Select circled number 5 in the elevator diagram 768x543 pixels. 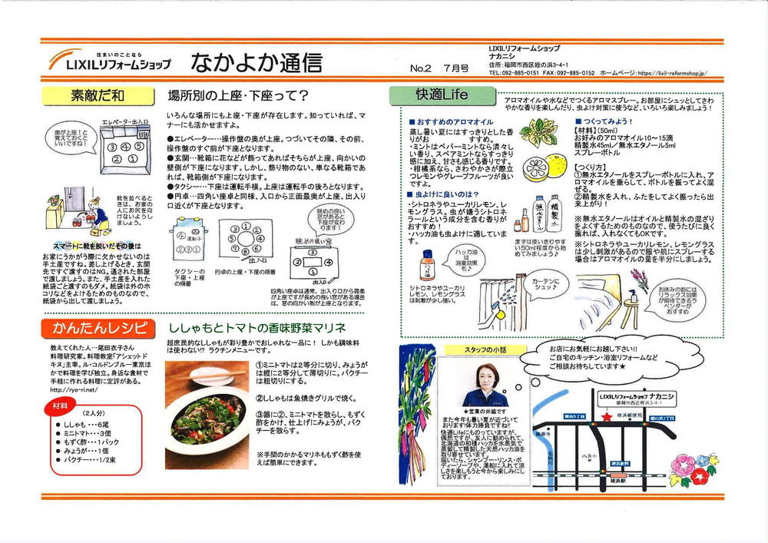138,145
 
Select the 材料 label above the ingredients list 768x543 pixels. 57,404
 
